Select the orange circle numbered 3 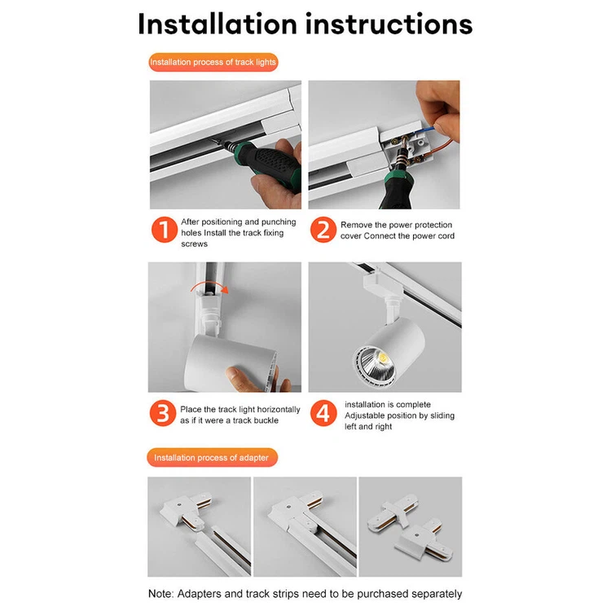163,414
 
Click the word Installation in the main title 218,24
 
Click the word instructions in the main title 389,24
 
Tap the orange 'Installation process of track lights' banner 213,62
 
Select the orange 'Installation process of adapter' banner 212,458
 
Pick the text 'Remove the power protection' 396,225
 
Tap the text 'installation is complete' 387,404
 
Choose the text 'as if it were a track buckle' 229,420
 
